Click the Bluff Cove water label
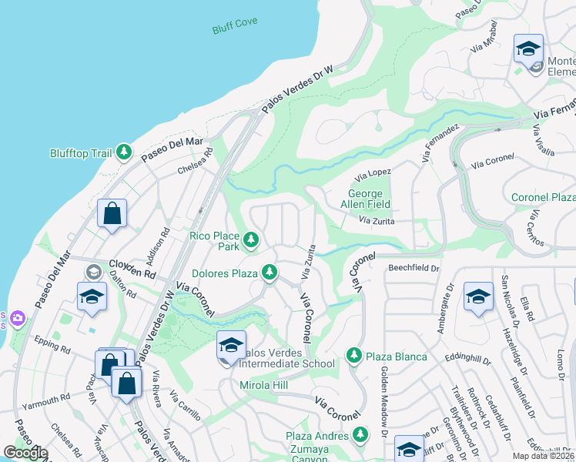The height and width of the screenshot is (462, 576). tap(236, 30)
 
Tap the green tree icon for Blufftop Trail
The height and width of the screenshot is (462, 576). tap(123, 153)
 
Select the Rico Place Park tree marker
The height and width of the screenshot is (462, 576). tap(250, 241)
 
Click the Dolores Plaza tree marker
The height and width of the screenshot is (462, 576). tap(269, 272)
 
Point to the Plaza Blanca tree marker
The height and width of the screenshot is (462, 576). tap(353, 355)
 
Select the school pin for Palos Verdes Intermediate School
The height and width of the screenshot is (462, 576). tap(231, 346)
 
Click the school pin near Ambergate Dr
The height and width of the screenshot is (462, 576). tap(477, 297)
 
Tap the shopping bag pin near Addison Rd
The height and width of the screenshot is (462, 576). tap(112, 213)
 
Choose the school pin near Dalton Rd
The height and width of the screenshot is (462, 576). tap(92, 296)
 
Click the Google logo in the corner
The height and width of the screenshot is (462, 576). tap(25, 453)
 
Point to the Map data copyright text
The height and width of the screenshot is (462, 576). tap(544, 456)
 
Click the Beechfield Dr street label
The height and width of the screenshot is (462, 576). tap(413, 269)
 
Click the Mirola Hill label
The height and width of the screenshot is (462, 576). tap(264, 384)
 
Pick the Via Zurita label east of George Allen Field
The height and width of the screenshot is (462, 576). tap(377, 221)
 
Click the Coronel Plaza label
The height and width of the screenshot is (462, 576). tap(544, 198)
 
